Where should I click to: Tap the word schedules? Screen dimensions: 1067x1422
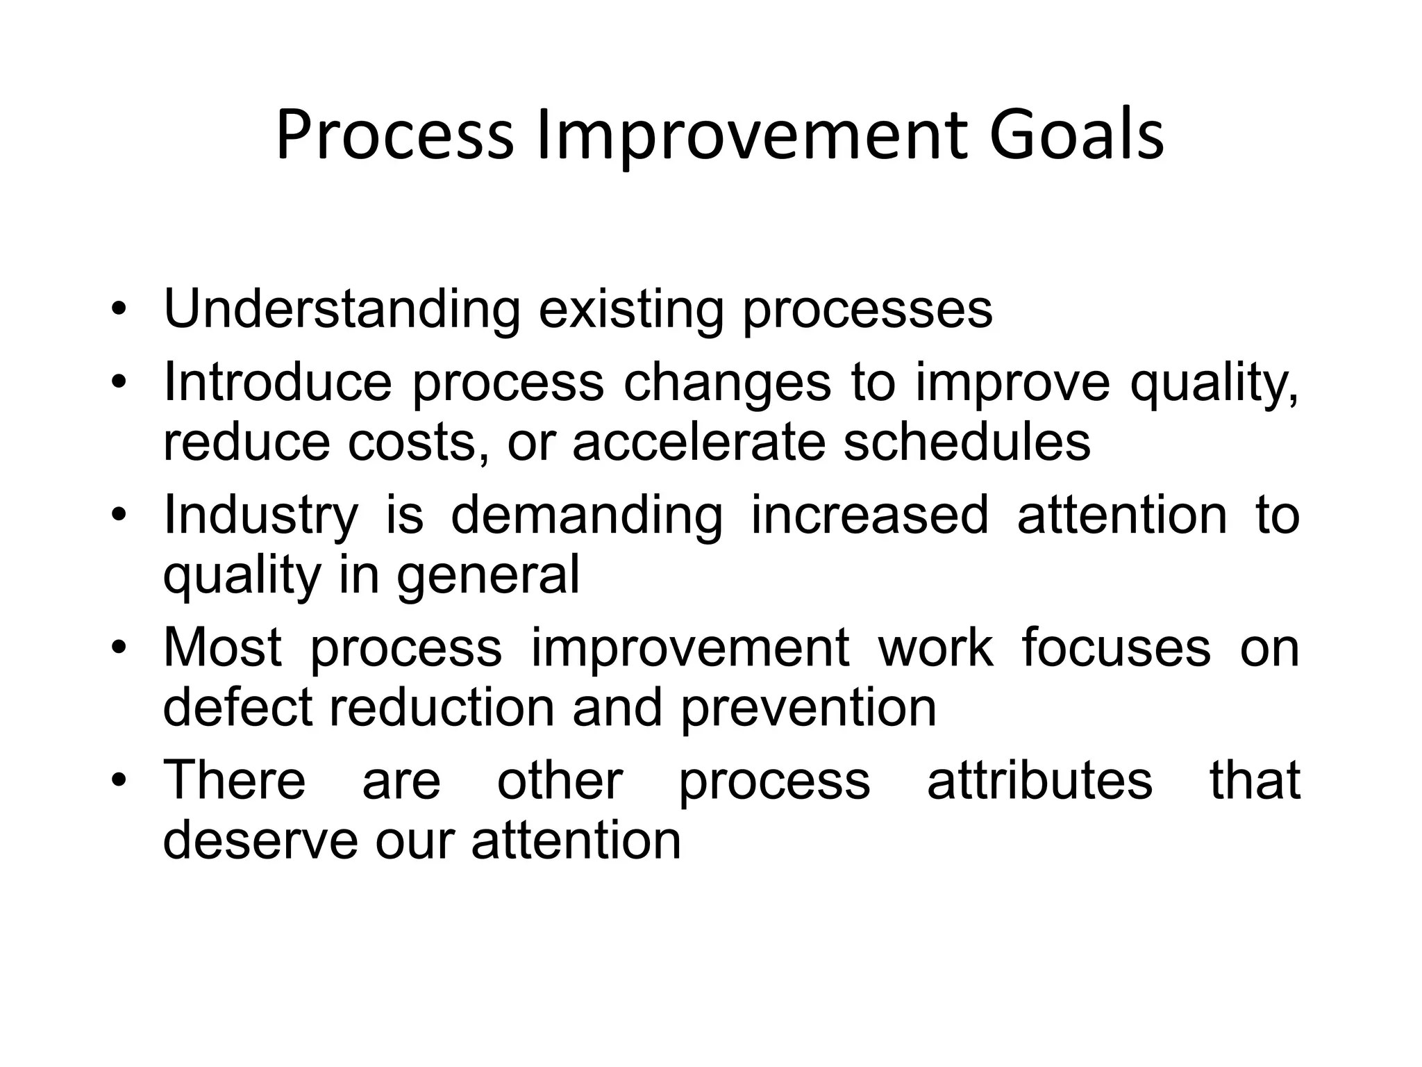967,442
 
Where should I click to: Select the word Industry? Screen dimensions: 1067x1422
260,515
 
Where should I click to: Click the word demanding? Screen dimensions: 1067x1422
587,515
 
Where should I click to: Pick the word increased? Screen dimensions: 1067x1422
869,515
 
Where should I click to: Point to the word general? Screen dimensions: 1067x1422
488,576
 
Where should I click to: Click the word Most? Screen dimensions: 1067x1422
222,647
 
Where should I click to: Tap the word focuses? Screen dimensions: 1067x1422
1116,647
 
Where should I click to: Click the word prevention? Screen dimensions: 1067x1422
808,708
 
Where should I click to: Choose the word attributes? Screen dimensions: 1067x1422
1039,781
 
